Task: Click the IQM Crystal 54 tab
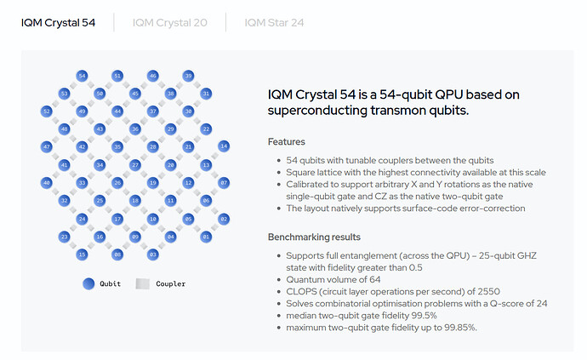[x=58, y=22]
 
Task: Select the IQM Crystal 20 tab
[x=169, y=22]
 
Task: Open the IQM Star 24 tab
[x=274, y=22]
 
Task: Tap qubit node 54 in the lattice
[x=82, y=76]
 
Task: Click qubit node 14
[x=224, y=146]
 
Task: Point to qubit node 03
[x=153, y=254]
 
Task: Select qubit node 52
[x=47, y=111]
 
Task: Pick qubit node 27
[x=135, y=164]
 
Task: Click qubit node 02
[x=224, y=219]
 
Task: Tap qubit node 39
[x=188, y=76]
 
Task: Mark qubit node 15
[x=82, y=254]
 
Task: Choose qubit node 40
[x=47, y=183]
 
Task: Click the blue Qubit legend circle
[x=88, y=283]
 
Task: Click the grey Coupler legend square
[x=143, y=283]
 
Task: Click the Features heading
[x=287, y=141]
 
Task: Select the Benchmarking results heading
[x=314, y=237]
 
